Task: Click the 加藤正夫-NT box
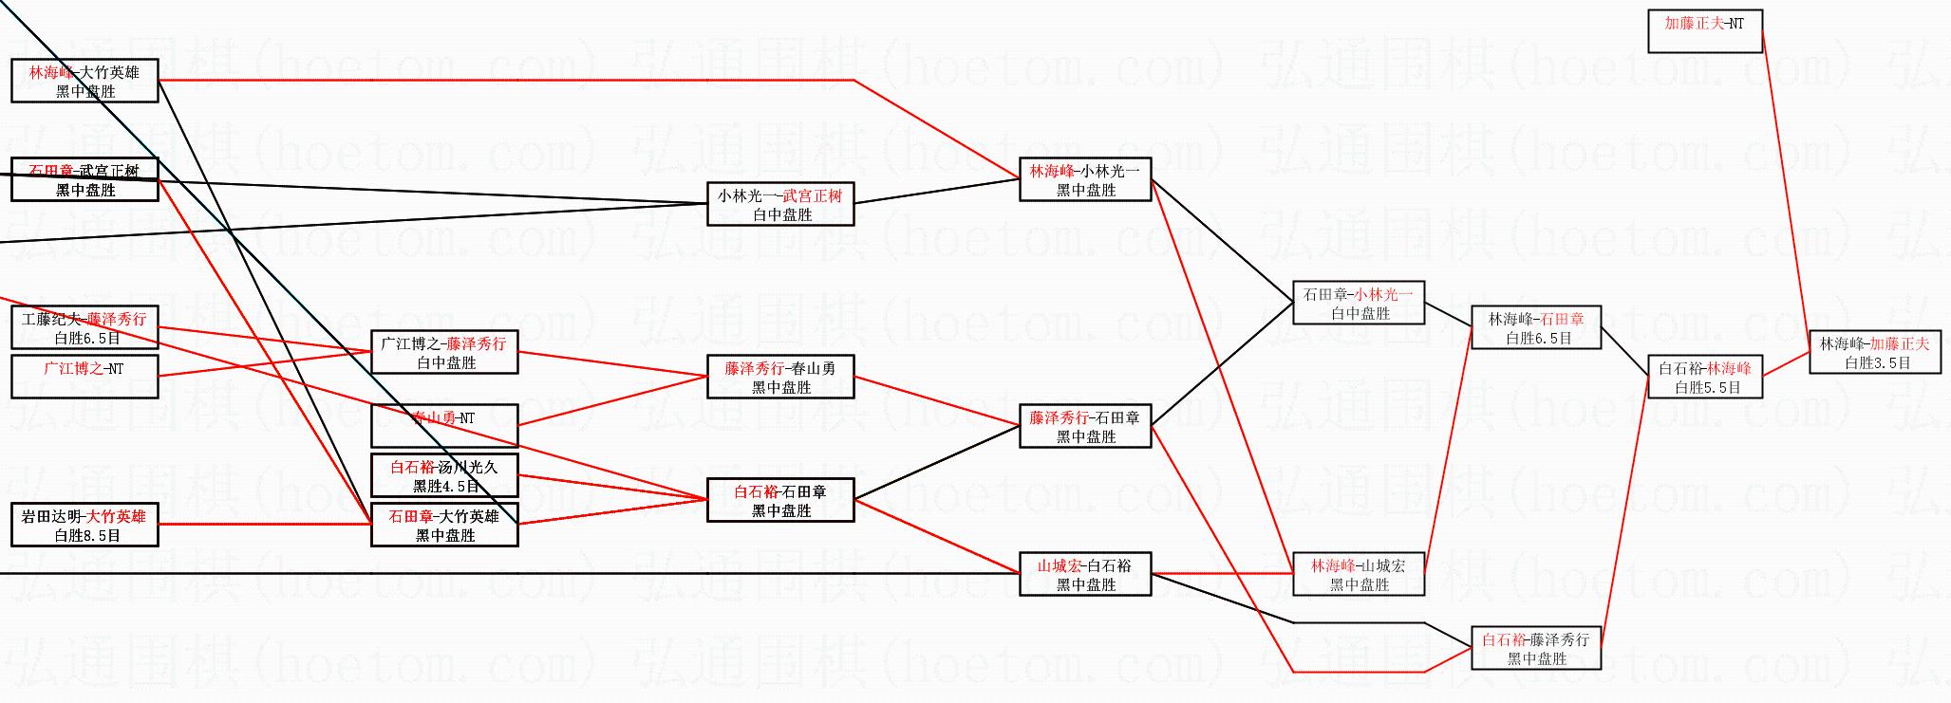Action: click(x=1704, y=31)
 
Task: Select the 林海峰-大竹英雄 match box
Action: click(x=84, y=81)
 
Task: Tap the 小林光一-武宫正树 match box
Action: click(x=780, y=204)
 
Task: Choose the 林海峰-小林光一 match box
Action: click(x=1085, y=179)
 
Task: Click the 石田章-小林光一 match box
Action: click(x=1359, y=303)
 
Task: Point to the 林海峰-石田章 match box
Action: click(x=1535, y=327)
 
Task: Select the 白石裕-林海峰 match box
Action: click(x=1705, y=377)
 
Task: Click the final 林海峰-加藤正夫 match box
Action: click(x=1874, y=352)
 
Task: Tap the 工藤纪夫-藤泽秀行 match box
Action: click(x=84, y=327)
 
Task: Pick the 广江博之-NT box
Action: click(x=84, y=377)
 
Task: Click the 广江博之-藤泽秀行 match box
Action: click(x=444, y=352)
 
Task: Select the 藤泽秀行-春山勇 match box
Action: click(x=780, y=377)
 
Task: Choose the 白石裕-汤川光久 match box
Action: click(x=444, y=475)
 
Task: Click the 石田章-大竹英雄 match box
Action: click(x=444, y=525)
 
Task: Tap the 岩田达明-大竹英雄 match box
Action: click(x=84, y=525)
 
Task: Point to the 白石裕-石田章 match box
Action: click(x=780, y=500)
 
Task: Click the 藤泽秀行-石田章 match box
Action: click(x=1085, y=426)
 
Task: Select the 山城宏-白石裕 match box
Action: click(x=1085, y=574)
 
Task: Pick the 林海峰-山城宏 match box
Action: click(x=1359, y=574)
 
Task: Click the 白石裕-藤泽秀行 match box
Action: click(x=1535, y=648)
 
